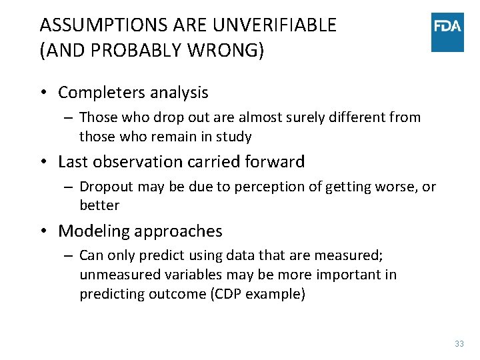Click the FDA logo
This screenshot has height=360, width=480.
(x=447, y=31)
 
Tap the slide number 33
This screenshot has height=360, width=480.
(x=459, y=344)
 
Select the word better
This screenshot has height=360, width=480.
(x=99, y=205)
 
